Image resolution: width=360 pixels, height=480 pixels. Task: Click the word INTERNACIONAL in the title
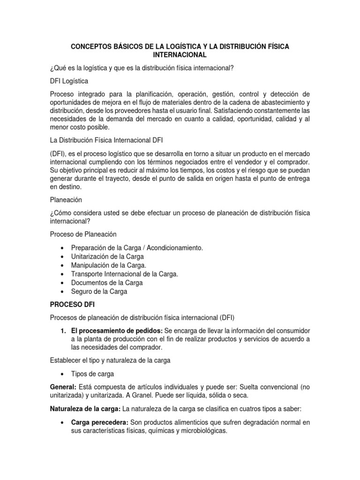coord(180,55)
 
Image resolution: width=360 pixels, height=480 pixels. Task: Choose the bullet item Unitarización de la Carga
coord(107,256)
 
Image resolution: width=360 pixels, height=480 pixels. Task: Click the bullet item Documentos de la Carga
coord(107,283)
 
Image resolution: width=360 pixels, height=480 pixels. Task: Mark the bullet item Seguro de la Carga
coord(99,292)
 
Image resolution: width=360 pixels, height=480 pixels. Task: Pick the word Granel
coord(121,396)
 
